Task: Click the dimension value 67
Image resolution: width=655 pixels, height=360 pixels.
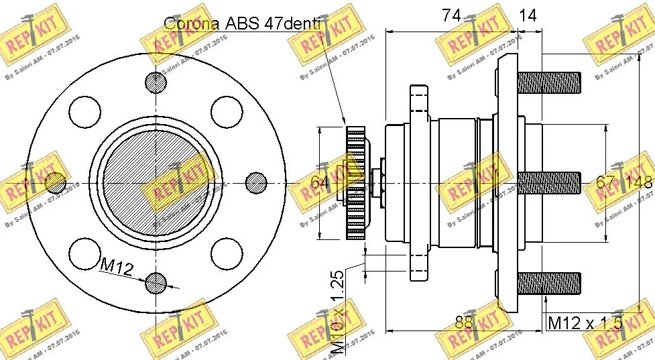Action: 606,182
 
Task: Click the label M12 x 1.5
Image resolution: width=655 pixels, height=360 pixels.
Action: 585,322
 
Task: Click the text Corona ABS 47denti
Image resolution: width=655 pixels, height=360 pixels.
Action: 244,24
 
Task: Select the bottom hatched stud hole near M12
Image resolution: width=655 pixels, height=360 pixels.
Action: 156,283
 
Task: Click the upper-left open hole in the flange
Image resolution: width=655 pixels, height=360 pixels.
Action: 84,111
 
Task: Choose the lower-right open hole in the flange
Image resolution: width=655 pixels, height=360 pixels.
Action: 226,253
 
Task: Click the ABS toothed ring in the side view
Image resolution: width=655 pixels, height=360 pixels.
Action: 355,182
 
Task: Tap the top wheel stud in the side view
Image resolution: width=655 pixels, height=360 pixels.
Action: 549,82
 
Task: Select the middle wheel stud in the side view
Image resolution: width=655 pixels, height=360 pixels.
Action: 549,182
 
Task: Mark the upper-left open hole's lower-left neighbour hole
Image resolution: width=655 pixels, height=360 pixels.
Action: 55,182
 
